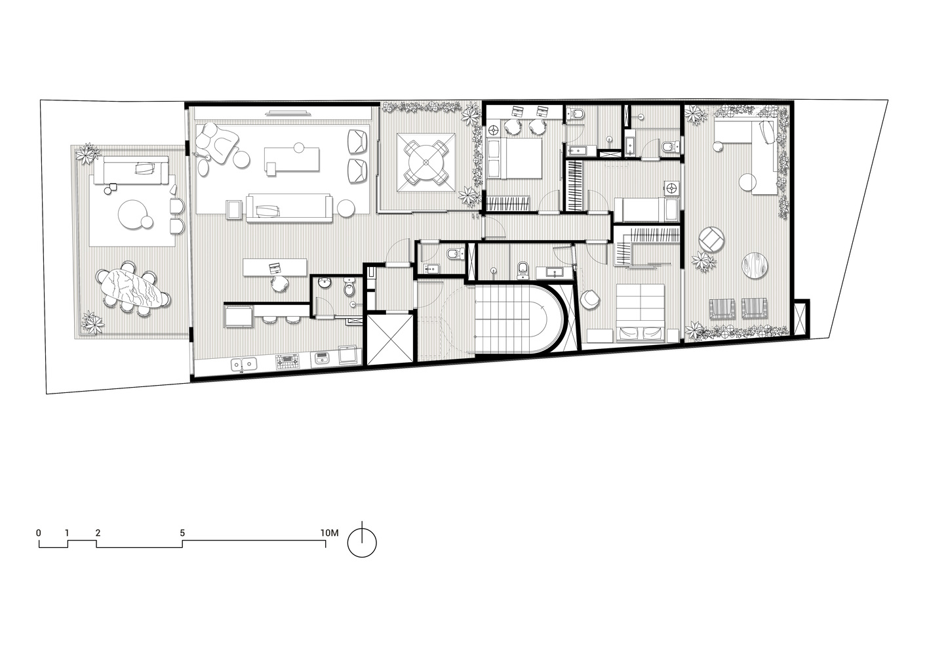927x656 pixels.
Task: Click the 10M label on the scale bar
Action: tap(329, 533)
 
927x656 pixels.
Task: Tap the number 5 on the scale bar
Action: tap(182, 533)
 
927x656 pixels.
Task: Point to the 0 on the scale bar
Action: tap(39, 533)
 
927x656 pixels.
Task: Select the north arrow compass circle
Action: tap(362, 543)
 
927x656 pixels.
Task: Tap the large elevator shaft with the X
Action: tap(390, 340)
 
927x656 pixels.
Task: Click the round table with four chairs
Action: tap(426, 162)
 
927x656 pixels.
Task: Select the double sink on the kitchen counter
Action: tap(244, 365)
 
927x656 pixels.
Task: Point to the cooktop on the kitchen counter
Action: tap(286, 361)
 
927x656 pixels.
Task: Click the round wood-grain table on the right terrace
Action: tap(755, 265)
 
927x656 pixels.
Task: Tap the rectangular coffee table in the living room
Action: tap(292, 159)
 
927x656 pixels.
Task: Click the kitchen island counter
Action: tap(275, 268)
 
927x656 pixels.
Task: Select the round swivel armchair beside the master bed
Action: tap(590, 299)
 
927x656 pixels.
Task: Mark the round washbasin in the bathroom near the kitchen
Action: tap(325, 283)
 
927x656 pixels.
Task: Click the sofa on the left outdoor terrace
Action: tap(130, 170)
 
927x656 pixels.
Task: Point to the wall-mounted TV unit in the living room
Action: tap(288, 112)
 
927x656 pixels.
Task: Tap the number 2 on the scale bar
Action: tap(98, 533)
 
